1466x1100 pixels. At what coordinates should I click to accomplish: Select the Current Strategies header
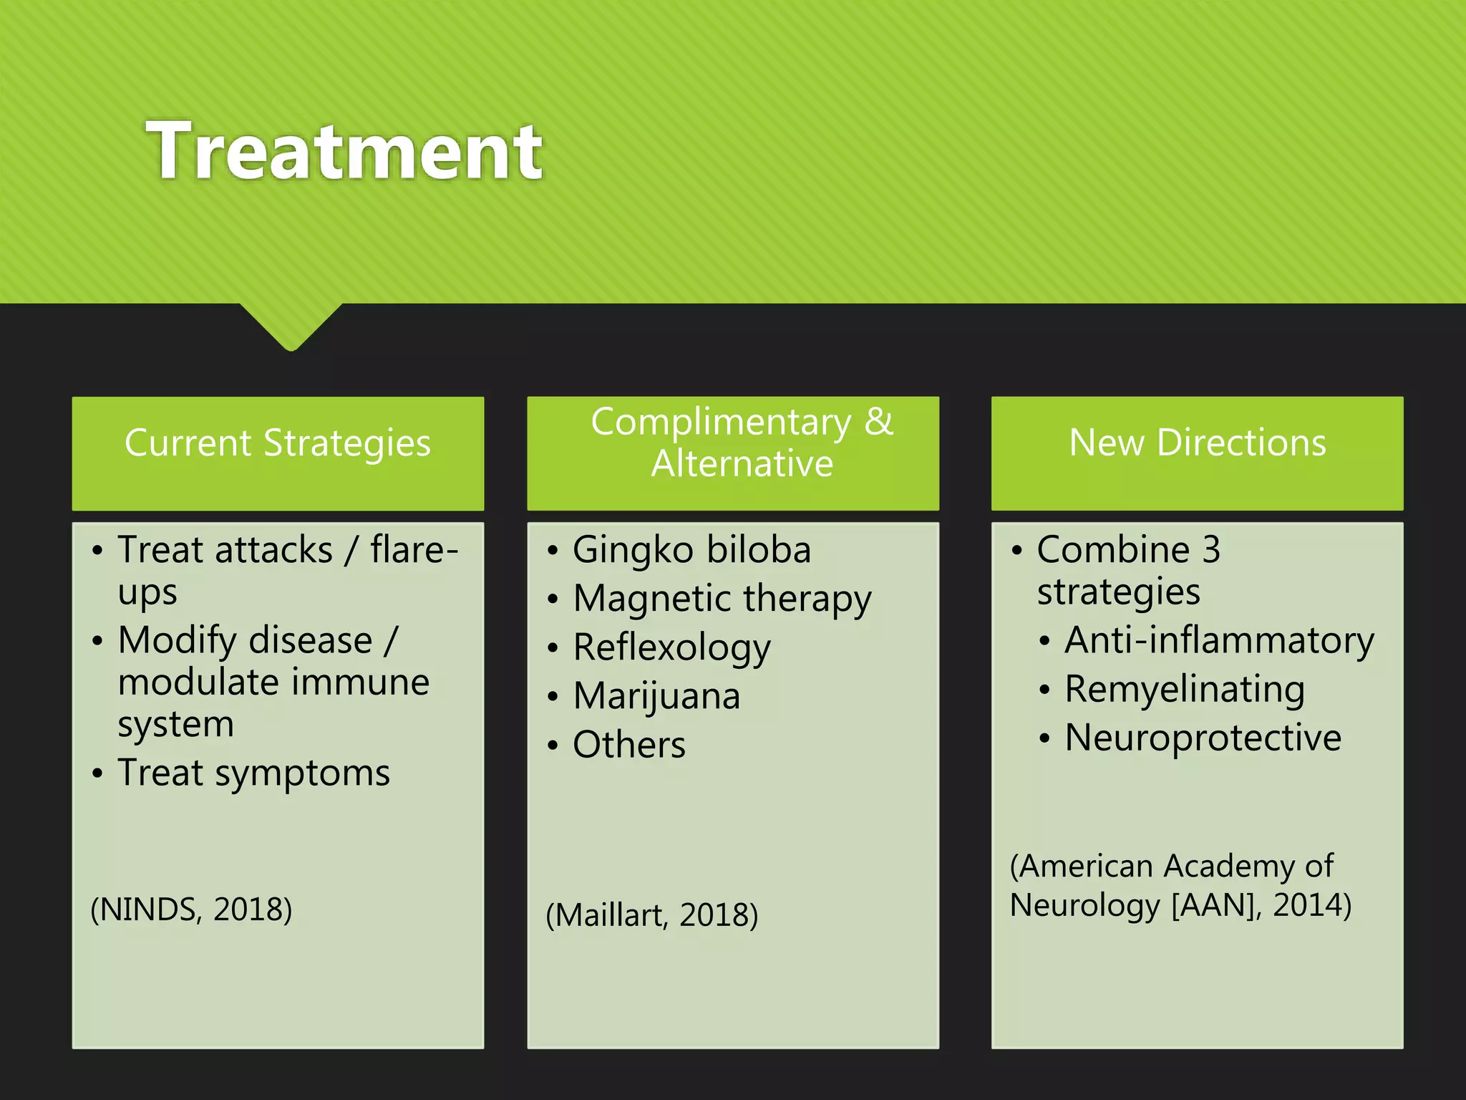point(278,443)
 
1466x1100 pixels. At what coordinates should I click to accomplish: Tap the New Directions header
point(1197,443)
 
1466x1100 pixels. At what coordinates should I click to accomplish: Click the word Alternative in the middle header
point(742,463)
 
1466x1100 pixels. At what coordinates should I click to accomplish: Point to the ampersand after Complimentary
point(878,421)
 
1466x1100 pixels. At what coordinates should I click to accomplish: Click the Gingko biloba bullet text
point(691,550)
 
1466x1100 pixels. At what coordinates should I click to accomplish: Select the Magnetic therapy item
point(722,599)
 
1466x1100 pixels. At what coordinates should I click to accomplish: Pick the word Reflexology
point(671,647)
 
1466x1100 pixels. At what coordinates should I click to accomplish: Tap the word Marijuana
point(656,696)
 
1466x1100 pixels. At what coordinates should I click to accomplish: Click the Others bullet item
point(628,745)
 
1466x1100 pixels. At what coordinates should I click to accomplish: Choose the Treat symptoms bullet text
point(254,773)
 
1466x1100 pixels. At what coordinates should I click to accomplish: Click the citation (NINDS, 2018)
point(191,910)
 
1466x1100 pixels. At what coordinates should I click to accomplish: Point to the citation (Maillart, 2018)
point(651,915)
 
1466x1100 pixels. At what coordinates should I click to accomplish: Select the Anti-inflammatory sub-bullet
point(1219,640)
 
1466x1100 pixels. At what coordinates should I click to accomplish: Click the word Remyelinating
point(1185,689)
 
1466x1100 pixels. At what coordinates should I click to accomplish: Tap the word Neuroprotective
point(1203,738)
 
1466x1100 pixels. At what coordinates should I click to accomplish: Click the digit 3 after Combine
point(1210,550)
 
